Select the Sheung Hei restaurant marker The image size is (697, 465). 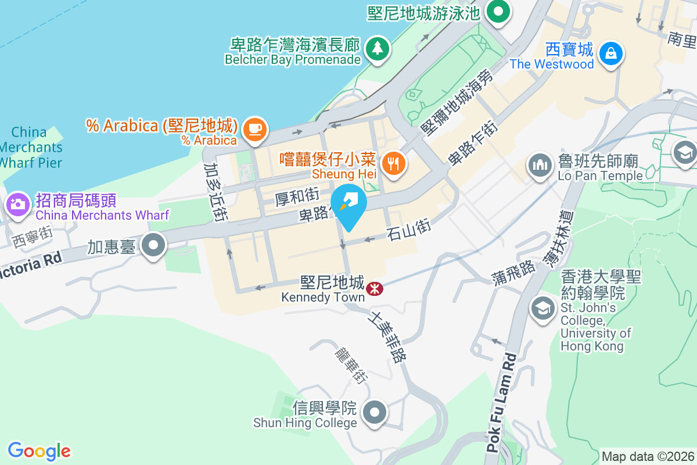[x=394, y=163]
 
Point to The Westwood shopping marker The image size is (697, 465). [x=610, y=53]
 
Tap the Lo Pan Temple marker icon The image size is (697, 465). [x=540, y=165]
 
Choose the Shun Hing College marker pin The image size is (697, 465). [x=375, y=413]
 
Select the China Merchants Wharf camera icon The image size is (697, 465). [x=17, y=205]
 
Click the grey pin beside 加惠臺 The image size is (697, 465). [x=154, y=246]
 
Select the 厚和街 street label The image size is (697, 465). [x=296, y=198]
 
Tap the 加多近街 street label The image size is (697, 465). [x=215, y=192]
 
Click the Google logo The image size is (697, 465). [x=39, y=450]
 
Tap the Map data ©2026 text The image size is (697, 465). [x=647, y=456]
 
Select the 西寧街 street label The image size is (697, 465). [x=31, y=237]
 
